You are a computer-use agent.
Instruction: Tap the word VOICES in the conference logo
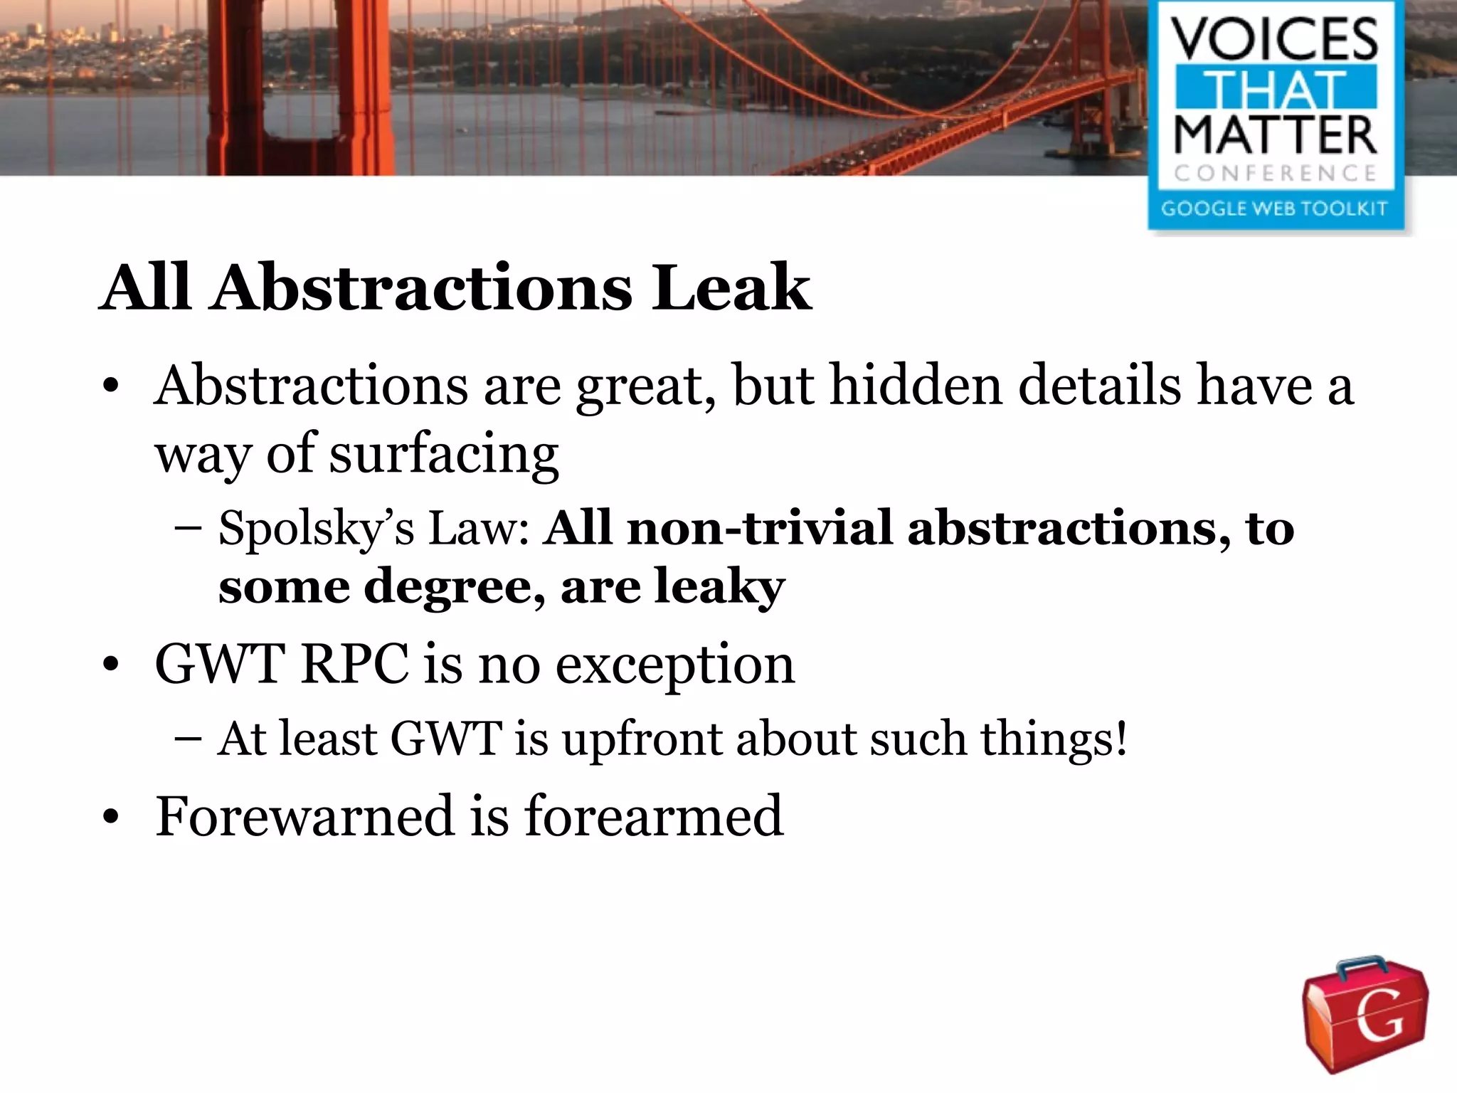coord(1275,40)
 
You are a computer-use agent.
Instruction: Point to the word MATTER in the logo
coord(1275,135)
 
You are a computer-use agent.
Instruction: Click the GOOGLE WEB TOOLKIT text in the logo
coord(1275,208)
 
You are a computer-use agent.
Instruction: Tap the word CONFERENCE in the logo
coord(1275,173)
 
